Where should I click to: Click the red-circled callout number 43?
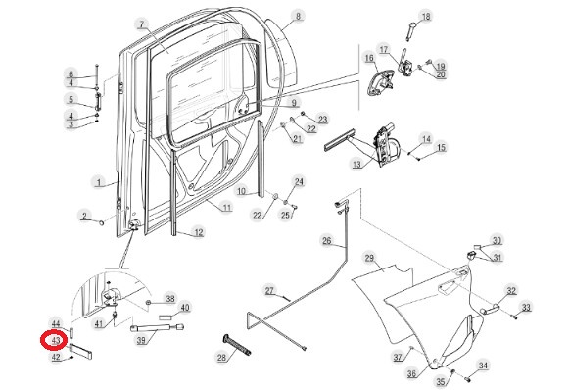56,341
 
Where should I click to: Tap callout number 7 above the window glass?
142,24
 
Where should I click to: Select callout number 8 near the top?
298,16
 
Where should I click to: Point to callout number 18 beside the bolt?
425,17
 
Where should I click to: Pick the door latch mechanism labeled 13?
387,145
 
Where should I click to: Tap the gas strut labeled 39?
157,328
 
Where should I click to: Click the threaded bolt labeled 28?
236,344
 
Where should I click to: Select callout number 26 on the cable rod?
326,240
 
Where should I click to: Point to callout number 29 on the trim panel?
369,258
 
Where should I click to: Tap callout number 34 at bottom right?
483,366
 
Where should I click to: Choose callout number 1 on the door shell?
99,181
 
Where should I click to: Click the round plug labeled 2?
102,222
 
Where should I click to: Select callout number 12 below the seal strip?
199,232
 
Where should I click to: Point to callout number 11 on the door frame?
226,208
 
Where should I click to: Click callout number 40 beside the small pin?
185,308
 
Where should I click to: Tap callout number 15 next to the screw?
441,147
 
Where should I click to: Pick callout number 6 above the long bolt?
71,74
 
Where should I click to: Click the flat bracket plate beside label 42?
82,351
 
